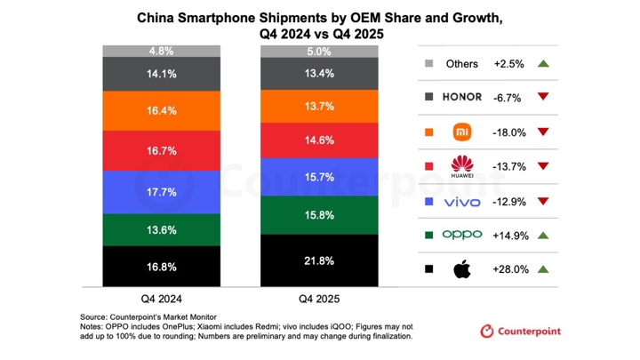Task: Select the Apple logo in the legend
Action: point(461,268)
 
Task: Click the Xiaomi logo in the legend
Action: point(461,132)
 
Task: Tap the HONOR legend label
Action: point(461,98)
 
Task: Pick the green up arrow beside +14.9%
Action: point(543,235)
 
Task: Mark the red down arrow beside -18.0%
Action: point(543,132)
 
